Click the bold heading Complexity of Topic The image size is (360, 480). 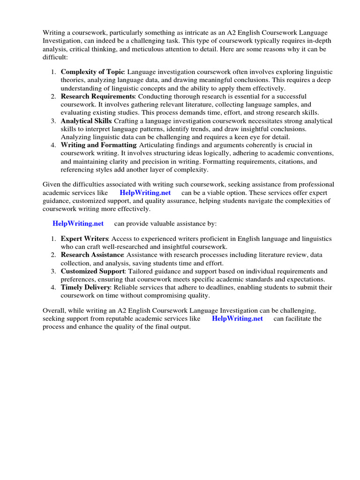tap(92, 72)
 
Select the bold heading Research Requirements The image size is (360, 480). tap(96, 97)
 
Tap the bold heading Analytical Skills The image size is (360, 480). tap(85, 121)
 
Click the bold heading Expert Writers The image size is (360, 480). tap(84, 239)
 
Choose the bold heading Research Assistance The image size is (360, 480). tap(92, 255)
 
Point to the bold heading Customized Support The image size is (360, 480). tap(93, 271)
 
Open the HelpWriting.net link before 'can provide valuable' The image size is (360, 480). tap(78, 223)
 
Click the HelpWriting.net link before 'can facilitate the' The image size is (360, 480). tap(237, 319)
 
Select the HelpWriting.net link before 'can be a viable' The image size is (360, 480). tap(145, 193)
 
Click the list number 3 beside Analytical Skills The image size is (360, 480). tap(53, 121)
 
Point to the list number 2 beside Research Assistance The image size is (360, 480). tap(53, 255)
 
